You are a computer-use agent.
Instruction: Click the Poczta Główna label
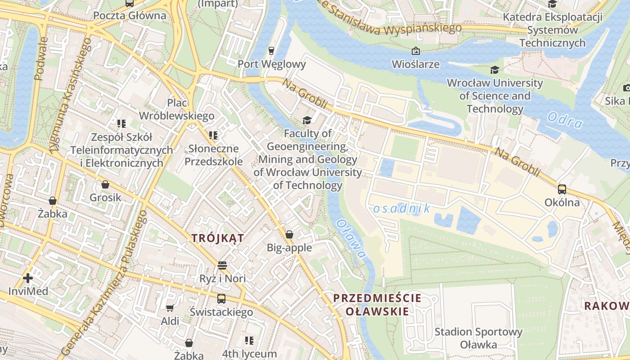point(130,16)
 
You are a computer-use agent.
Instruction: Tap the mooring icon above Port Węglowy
point(271,50)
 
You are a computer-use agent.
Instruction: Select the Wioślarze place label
point(415,64)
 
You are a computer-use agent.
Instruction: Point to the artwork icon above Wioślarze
point(415,51)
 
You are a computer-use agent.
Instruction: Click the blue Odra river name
point(565,121)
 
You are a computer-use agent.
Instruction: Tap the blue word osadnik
point(401,208)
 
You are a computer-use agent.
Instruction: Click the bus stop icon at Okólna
point(562,189)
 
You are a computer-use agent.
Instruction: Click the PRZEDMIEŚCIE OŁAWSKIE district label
point(377,304)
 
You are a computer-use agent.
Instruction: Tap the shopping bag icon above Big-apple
point(289,234)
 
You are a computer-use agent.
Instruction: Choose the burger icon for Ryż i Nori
point(222,265)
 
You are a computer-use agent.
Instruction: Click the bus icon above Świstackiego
point(221,299)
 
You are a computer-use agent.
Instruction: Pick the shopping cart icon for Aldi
point(170,308)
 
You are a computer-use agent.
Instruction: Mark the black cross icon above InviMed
point(28,278)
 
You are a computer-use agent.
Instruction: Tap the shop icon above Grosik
point(105,184)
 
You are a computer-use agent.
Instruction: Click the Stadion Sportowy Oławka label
point(478,338)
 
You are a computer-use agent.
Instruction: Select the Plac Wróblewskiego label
point(176,109)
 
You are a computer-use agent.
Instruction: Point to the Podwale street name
point(41,58)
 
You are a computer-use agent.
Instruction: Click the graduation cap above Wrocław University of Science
point(495,70)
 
